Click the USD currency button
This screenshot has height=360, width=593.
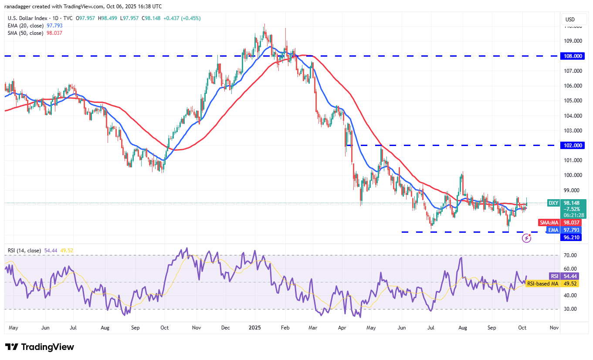coord(570,20)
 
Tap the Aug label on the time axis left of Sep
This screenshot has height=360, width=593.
coord(105,327)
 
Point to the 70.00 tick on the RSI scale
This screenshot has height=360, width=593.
coord(570,255)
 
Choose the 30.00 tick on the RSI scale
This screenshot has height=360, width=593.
coord(570,309)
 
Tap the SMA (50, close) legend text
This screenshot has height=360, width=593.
coord(25,33)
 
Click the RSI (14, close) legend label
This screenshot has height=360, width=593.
coord(24,251)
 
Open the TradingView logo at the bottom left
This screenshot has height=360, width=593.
coord(40,347)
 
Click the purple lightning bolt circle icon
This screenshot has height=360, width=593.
coord(527,238)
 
